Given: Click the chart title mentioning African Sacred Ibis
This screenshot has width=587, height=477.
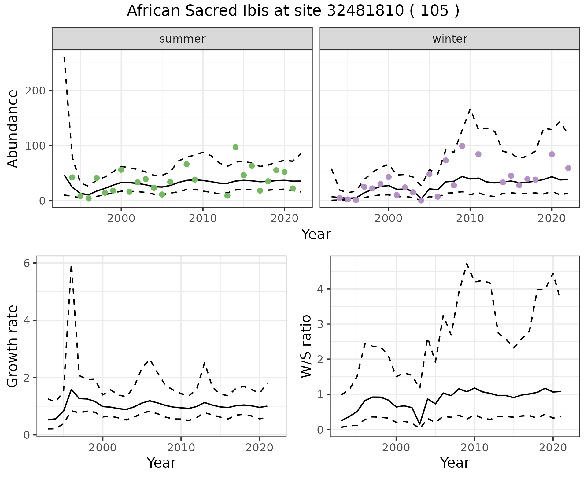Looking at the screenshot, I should pyautogui.click(x=293, y=11).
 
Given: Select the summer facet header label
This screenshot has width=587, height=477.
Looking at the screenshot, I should pyautogui.click(x=183, y=39).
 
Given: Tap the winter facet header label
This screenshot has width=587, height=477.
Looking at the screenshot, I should pyautogui.click(x=449, y=39).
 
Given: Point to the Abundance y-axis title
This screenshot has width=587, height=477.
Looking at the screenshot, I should pyautogui.click(x=13, y=129).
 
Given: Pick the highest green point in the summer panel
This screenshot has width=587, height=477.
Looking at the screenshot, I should pyautogui.click(x=235, y=147).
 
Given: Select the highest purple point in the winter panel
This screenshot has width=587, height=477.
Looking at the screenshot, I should pyautogui.click(x=462, y=146).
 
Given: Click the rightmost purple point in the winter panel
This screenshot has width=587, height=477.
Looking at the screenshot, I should pyautogui.click(x=568, y=168).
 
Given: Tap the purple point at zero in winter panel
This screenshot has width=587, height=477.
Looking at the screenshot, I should pyautogui.click(x=421, y=201).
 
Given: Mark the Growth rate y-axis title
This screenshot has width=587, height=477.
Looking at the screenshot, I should pyautogui.click(x=13, y=346).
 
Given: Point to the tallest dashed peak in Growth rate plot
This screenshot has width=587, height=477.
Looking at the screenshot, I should pyautogui.click(x=71, y=267).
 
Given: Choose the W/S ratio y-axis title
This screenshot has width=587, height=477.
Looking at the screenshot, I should pyautogui.click(x=306, y=346).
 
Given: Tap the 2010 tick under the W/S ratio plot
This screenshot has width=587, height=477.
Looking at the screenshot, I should pyautogui.click(x=474, y=448).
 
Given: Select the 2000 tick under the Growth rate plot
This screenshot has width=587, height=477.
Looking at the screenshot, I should pyautogui.click(x=103, y=448).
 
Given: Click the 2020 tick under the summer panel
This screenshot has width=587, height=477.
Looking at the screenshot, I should pyautogui.click(x=284, y=218).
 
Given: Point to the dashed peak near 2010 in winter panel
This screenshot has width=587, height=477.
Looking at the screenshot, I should pyautogui.click(x=470, y=109).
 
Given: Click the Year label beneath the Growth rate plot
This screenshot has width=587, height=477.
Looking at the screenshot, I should pyautogui.click(x=161, y=463).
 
